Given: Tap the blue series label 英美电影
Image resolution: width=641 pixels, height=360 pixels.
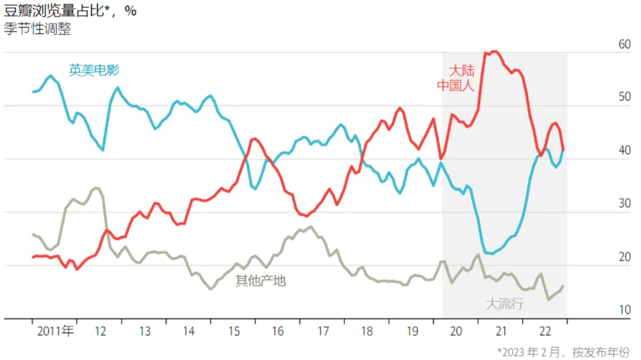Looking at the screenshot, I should point(94,70).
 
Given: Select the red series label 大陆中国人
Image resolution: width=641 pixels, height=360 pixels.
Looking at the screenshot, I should point(457,78).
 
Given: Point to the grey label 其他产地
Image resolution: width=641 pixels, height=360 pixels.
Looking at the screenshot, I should point(261,281).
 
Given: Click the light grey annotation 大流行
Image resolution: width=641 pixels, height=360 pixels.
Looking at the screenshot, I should point(506,303).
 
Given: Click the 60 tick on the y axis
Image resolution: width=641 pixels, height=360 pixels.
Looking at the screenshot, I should point(625,44).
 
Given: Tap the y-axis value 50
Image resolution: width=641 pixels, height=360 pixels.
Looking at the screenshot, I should point(625,97).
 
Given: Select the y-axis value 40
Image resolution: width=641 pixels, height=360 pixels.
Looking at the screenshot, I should point(625,151).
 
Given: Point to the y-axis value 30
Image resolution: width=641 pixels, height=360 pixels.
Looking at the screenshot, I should point(625,204).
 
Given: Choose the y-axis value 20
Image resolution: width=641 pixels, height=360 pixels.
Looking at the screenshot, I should point(625,257).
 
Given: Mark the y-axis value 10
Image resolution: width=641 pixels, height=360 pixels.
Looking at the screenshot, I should point(625,310).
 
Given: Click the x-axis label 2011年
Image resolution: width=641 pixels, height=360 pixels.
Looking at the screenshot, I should point(55,331).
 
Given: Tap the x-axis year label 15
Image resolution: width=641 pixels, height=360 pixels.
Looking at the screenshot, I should point(234,331).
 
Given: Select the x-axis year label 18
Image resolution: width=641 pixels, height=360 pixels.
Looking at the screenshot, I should point(367,331).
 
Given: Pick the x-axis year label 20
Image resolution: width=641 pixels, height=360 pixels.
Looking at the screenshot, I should point(456,331).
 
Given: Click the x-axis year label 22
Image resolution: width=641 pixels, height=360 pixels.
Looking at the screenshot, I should point(545,331).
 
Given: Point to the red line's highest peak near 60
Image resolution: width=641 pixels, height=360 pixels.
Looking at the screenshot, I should point(494,52).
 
